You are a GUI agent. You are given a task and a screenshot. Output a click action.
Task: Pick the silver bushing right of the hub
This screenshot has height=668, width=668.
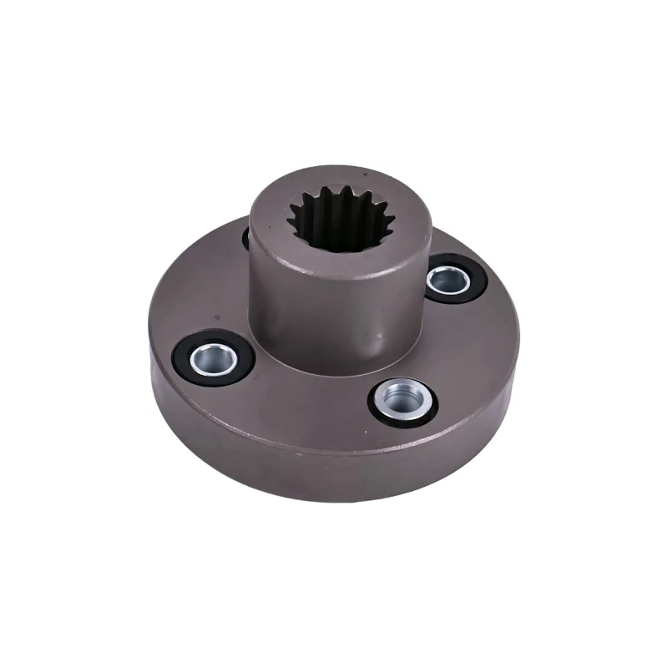(448, 279)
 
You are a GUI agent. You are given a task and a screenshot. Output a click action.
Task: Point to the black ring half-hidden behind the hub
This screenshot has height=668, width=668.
(246, 238)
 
